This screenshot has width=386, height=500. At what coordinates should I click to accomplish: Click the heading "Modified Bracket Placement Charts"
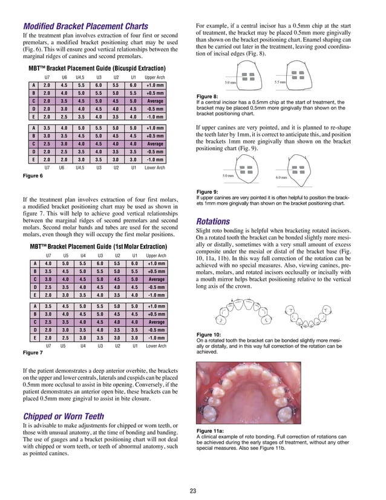point(85,27)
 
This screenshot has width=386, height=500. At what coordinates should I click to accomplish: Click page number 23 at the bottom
point(193,490)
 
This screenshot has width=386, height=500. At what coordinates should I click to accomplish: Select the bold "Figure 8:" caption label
point(208,96)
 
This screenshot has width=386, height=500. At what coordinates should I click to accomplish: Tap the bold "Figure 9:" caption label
point(208,192)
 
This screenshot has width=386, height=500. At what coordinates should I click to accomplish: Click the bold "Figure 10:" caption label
point(209,335)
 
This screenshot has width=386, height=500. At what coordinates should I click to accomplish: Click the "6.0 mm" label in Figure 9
point(282,177)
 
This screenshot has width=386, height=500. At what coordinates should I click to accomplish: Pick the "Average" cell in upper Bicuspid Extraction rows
point(155,101)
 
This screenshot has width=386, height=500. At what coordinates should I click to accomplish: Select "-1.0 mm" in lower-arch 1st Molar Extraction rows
point(155,338)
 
